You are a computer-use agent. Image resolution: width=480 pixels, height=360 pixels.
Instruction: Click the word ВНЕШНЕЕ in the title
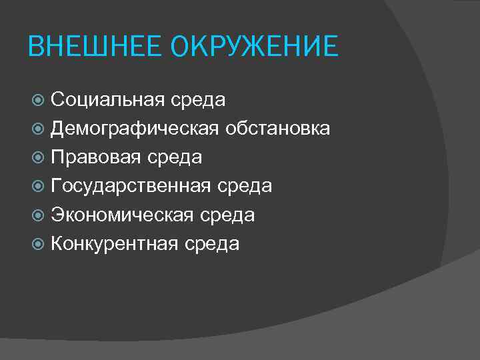click(96, 47)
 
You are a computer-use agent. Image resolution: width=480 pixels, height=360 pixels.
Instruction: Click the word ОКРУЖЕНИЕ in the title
click(255, 47)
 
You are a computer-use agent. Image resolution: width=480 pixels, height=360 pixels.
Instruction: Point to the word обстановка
click(277, 129)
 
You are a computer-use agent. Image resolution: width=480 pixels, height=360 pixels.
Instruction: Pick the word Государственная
click(131, 186)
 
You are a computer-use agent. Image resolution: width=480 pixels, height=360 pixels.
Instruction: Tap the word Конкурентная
click(115, 243)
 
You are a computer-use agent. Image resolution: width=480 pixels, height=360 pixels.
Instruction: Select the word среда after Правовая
click(175, 158)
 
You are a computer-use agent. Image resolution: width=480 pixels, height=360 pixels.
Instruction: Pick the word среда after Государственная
click(244, 187)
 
